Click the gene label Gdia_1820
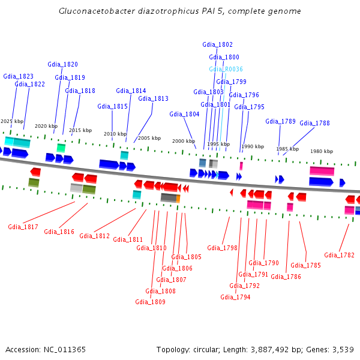click(62, 64)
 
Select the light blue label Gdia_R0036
click(226, 69)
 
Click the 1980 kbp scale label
click(321, 151)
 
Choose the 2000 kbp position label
click(184, 141)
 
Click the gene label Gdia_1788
click(314, 123)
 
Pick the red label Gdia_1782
click(339, 255)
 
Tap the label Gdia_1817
click(23, 227)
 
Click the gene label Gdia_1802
click(217, 44)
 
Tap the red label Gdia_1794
click(235, 297)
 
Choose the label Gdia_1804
click(184, 114)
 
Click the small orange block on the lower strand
click(178, 198)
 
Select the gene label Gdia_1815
click(112, 106)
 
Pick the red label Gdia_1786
click(286, 277)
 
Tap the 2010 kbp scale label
click(115, 134)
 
